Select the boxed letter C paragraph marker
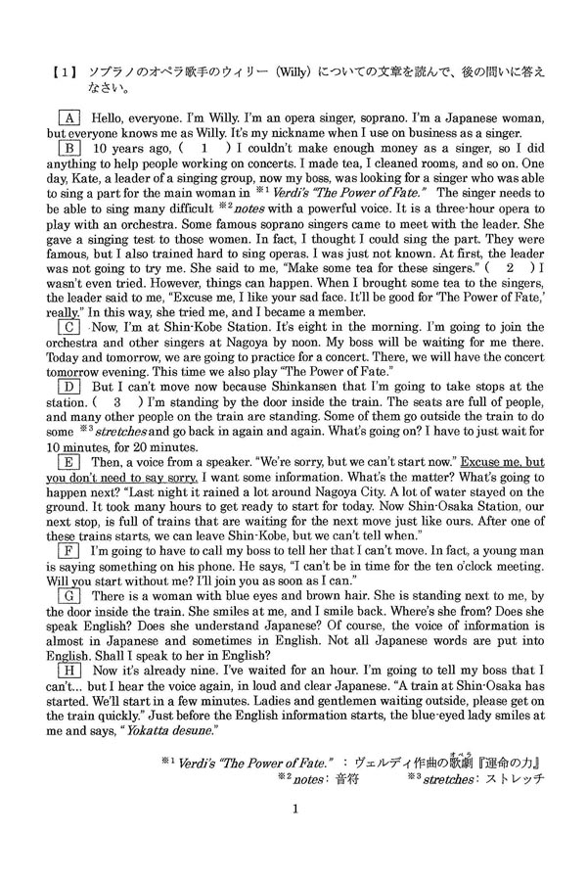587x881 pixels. [x=68, y=326]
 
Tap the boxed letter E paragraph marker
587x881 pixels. [x=68, y=461]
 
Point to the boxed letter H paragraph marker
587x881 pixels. [x=68, y=670]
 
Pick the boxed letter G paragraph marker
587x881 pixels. [x=68, y=595]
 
